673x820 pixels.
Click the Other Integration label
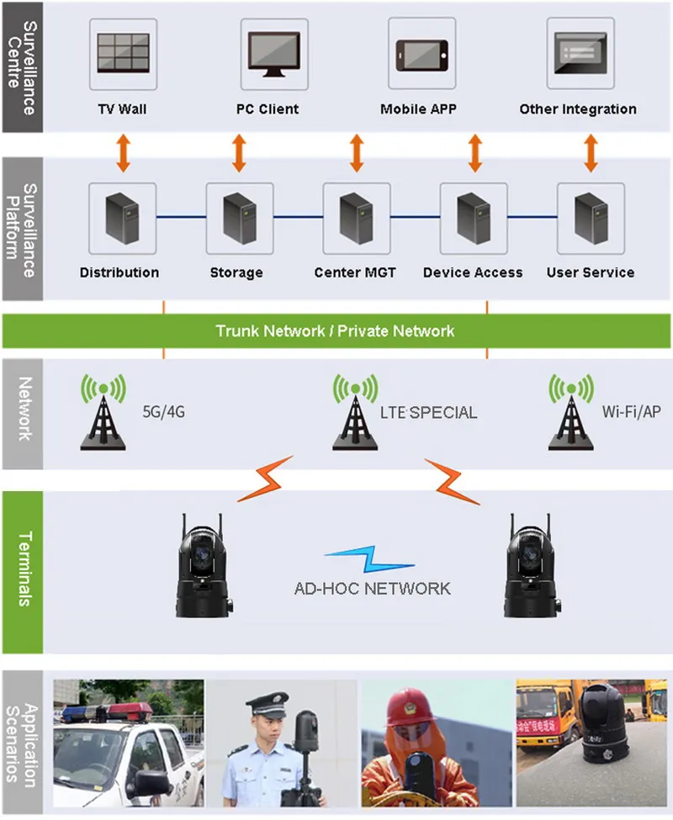tap(577, 109)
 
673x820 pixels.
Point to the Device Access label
tap(472, 272)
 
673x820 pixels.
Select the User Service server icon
tap(590, 217)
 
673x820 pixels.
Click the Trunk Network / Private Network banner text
tap(335, 331)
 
